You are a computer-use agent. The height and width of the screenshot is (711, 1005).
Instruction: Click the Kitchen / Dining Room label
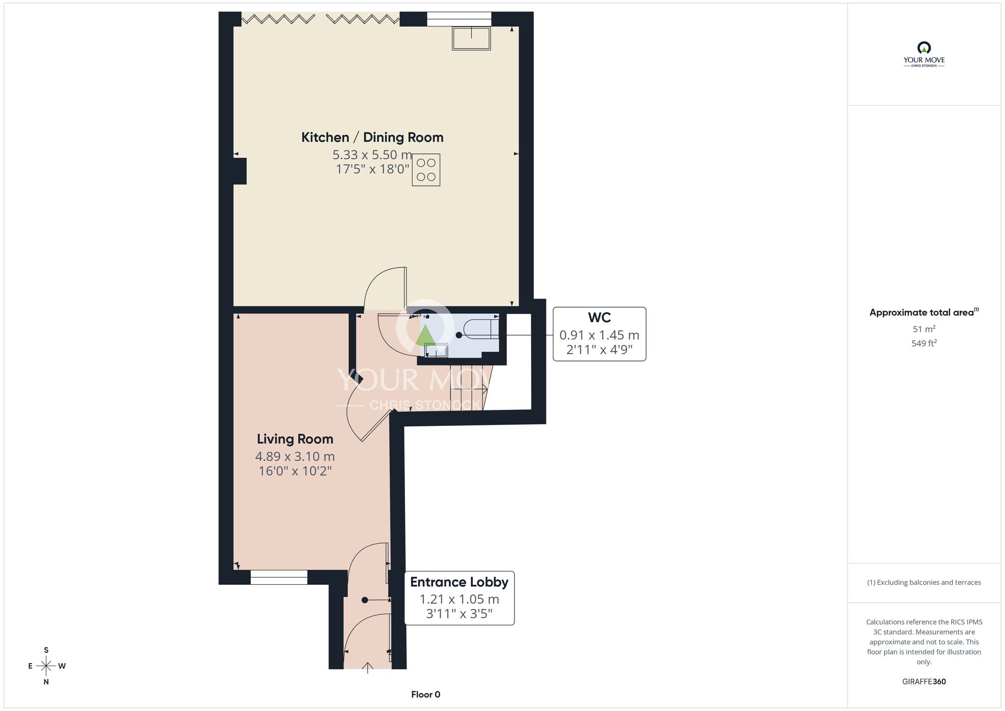tap(372, 137)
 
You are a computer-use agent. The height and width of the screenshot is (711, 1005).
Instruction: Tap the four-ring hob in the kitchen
tap(426, 170)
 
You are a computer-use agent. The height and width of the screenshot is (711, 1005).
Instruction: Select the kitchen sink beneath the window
tap(471, 39)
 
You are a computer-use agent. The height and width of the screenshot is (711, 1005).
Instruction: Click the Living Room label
tap(295, 439)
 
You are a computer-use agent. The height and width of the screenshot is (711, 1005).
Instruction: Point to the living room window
tap(279, 577)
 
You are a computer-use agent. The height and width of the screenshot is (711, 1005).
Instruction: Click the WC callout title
tap(599, 318)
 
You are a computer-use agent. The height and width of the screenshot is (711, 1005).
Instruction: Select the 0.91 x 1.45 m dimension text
tap(599, 335)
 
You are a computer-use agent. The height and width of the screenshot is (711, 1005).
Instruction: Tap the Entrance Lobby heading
tap(459, 582)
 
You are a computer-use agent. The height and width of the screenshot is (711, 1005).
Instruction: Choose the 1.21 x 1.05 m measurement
tap(459, 599)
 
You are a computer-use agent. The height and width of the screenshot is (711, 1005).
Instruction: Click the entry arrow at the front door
tap(368, 668)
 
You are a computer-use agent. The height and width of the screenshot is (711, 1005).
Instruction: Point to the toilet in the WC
tap(480, 329)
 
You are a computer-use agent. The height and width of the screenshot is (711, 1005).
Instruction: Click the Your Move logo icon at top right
tap(924, 48)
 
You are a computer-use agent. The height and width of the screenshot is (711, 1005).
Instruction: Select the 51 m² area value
tap(924, 329)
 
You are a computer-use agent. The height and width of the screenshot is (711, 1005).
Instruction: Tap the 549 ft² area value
tap(924, 343)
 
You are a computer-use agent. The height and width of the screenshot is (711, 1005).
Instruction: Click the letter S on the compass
tap(46, 650)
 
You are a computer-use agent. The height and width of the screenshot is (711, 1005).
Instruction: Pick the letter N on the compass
tap(46, 682)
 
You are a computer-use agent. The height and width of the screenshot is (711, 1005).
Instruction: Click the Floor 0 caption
tap(426, 694)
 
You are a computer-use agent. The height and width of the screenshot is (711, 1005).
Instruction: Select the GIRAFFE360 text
tap(924, 682)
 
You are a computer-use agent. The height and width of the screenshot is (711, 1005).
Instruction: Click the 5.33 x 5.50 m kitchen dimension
tap(372, 155)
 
